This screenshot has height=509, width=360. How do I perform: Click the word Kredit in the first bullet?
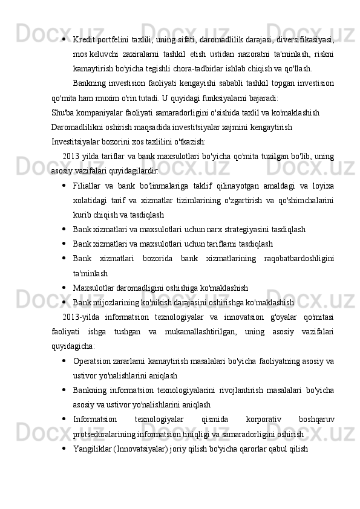click(82, 39)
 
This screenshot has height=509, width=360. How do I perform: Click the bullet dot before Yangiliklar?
click(64, 448)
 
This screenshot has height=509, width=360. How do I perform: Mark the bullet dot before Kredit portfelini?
click(64, 39)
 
